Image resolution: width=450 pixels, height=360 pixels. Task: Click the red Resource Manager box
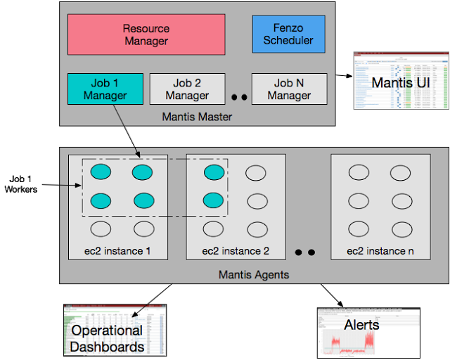(146, 34)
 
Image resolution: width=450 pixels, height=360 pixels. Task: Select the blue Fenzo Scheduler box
(288, 34)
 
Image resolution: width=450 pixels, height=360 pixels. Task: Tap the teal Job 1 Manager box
(105, 89)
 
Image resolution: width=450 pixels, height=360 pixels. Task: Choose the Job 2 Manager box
(187, 89)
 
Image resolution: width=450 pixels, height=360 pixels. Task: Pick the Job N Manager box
(289, 89)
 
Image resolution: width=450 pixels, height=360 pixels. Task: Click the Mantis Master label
(197, 116)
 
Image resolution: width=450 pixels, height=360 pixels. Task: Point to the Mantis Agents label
(253, 274)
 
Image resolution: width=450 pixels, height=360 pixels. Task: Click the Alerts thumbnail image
(368, 333)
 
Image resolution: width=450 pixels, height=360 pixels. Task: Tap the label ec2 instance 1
(117, 251)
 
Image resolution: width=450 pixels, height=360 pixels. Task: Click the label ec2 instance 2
(236, 251)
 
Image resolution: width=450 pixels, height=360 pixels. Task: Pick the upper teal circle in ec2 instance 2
(214, 172)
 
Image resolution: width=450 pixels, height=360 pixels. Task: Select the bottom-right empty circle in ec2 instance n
(401, 229)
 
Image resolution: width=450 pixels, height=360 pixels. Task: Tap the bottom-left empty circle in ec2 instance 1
(101, 229)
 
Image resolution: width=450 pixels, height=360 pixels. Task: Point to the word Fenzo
(288, 27)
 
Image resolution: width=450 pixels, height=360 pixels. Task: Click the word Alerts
(361, 325)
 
